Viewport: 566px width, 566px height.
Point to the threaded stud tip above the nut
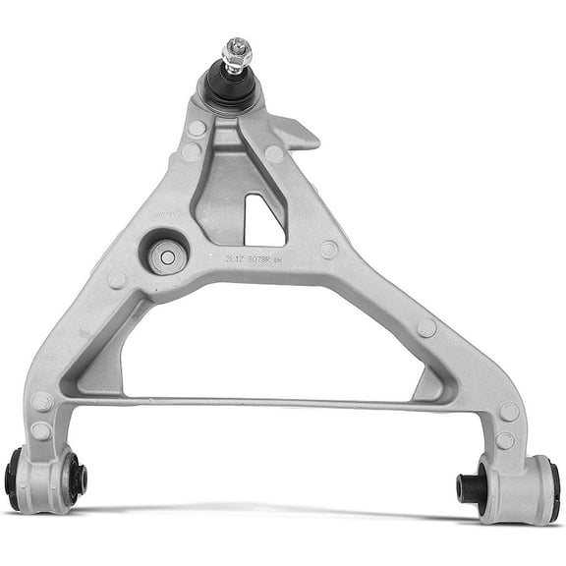236,43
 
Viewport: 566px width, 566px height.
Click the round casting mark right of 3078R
328,250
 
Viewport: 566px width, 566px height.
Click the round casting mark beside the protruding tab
274,154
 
